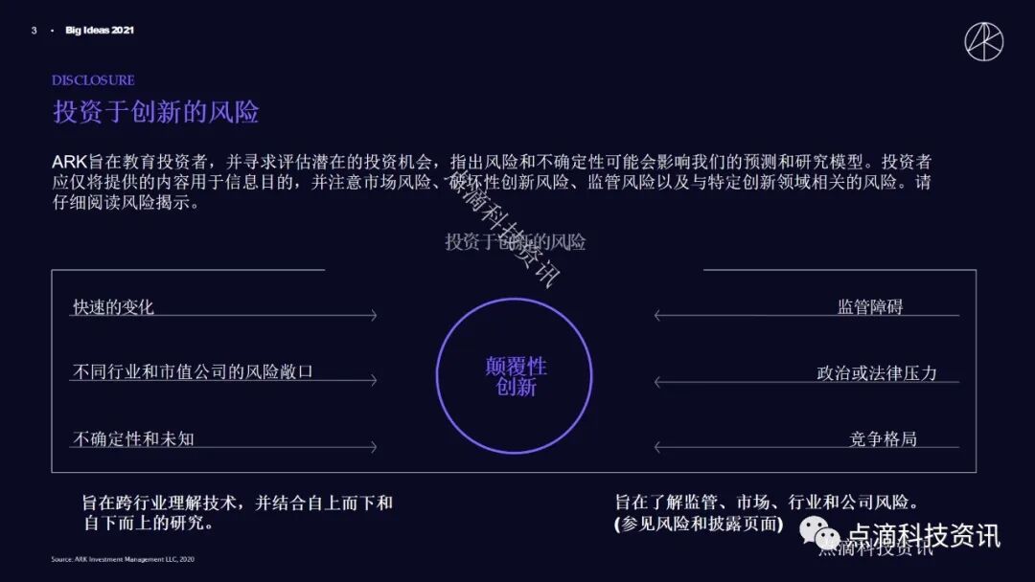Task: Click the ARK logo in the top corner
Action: coord(983,41)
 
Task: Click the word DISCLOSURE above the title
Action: coord(93,80)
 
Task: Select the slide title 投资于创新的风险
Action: coord(156,112)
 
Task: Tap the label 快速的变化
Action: coord(113,307)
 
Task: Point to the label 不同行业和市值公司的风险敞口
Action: coord(193,371)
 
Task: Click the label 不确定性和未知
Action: coord(134,438)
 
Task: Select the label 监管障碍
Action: coord(870,307)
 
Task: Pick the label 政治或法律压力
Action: coord(876,372)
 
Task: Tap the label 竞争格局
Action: coord(883,438)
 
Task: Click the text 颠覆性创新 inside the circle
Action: coord(516,376)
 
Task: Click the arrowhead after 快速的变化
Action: coord(373,315)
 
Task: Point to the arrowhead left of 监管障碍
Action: coord(658,315)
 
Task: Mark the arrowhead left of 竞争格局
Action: coord(658,447)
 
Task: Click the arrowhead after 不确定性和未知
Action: coord(373,447)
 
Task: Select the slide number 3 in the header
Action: coord(34,31)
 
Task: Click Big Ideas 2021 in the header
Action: coord(100,31)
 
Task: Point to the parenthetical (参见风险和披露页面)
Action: coord(699,524)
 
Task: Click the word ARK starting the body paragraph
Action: coord(70,162)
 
